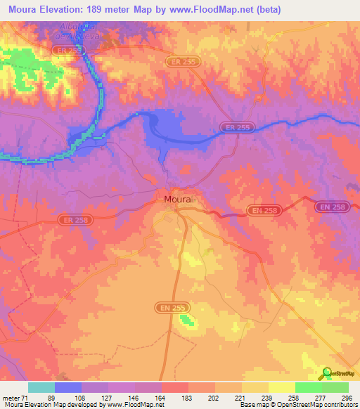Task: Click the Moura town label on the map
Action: coord(177,200)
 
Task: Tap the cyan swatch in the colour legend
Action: coord(41,387)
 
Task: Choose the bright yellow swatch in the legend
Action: coord(282,387)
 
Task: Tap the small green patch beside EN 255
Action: coord(186,320)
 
